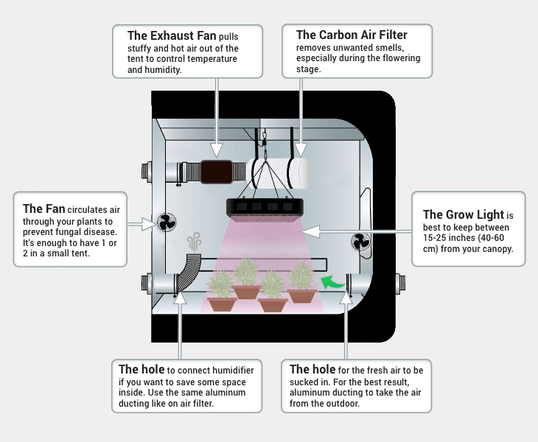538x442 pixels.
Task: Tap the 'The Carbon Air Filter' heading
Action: tap(351, 35)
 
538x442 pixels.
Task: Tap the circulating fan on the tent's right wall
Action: tap(360, 242)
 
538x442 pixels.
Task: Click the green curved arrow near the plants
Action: tap(335, 280)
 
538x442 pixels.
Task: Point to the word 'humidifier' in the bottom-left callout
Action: tap(229, 370)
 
